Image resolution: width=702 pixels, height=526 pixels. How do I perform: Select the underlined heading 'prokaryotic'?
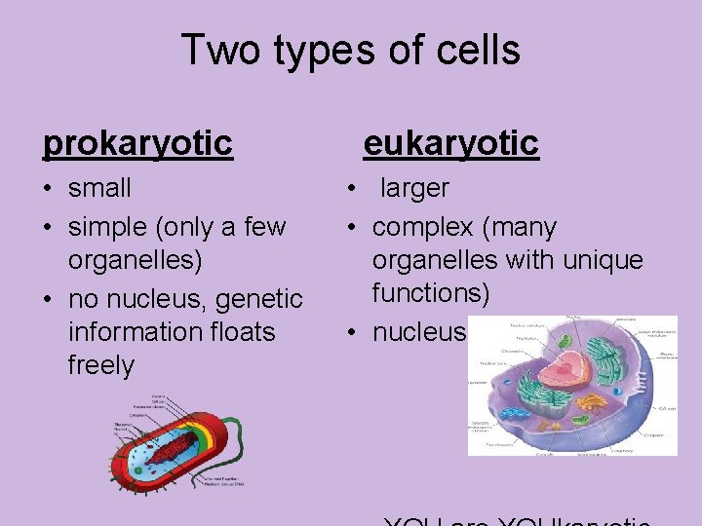tap(137, 143)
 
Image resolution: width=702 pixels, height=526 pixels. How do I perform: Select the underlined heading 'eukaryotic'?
tap(450, 143)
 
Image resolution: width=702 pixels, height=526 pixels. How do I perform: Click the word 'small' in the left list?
tap(99, 187)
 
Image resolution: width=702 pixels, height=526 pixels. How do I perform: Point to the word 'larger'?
tap(414, 187)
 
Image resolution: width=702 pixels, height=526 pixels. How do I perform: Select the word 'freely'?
tap(100, 365)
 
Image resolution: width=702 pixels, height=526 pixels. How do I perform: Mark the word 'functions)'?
tap(431, 293)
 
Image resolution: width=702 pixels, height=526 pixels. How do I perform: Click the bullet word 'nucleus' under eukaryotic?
tap(419, 332)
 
